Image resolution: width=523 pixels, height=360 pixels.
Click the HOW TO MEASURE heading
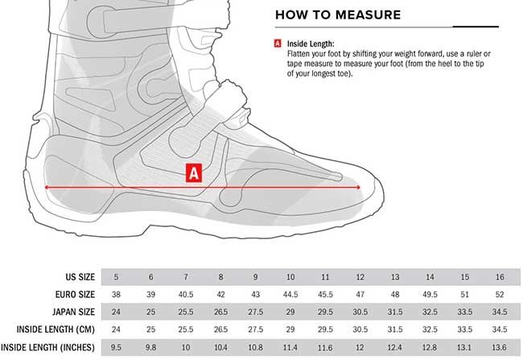[x=338, y=14]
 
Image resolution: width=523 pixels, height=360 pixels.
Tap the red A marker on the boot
[x=194, y=173]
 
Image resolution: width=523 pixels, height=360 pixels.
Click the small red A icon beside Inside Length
[x=278, y=43]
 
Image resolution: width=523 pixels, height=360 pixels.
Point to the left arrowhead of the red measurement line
[x=47, y=188]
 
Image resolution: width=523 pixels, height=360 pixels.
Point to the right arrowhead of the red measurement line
[x=358, y=188]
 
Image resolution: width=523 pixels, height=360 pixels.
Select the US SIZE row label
[x=80, y=277]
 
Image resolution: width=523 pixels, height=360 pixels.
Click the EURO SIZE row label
[x=75, y=294]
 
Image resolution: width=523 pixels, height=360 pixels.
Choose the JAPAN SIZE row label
[x=73, y=312]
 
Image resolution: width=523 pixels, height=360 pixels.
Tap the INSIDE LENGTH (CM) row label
[x=56, y=329]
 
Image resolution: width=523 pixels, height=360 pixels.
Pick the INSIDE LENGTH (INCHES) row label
[x=47, y=347]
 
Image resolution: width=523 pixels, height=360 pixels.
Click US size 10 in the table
[x=290, y=277]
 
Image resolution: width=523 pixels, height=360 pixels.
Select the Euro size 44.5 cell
[x=290, y=295]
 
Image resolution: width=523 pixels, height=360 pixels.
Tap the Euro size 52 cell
[x=500, y=295]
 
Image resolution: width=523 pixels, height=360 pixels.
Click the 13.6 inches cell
[x=500, y=348]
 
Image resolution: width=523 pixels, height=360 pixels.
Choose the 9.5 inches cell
[x=116, y=348]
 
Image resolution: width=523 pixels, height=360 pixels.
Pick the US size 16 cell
[x=500, y=277]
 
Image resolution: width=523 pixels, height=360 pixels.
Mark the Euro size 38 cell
[x=116, y=295]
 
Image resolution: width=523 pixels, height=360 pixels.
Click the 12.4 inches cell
[x=394, y=348]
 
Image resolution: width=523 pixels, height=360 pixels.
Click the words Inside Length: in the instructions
[x=311, y=43]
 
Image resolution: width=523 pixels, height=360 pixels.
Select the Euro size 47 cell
[x=360, y=295]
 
